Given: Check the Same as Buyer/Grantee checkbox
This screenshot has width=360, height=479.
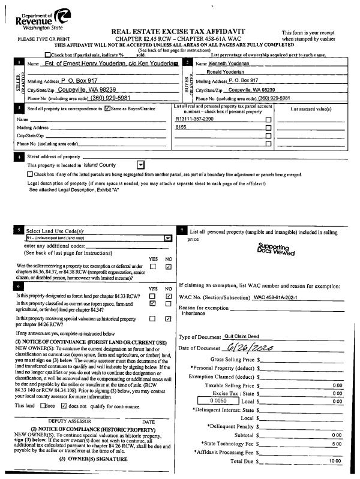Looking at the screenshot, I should [107, 109].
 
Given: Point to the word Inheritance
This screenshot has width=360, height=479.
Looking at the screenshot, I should [193, 313].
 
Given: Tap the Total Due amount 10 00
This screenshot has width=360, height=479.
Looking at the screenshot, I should [335, 461].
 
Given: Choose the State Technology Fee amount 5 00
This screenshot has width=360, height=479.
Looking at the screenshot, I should [337, 444].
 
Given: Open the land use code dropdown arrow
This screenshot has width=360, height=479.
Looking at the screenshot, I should [167, 237].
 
